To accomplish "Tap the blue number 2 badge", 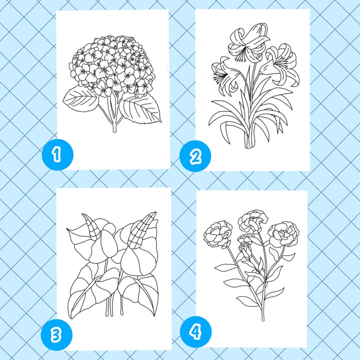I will tap(195, 157).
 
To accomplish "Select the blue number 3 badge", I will tap(56, 335).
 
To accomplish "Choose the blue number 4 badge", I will tap(195, 333).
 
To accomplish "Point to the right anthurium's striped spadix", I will tap(141, 227).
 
